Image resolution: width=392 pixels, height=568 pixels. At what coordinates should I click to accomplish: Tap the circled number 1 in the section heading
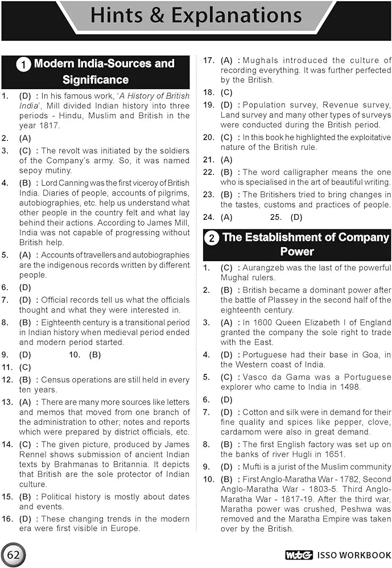click(x=23, y=65)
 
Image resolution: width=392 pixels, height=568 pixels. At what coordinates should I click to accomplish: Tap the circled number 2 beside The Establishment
click(x=212, y=239)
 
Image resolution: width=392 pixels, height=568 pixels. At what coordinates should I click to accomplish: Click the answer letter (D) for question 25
click(x=296, y=217)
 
